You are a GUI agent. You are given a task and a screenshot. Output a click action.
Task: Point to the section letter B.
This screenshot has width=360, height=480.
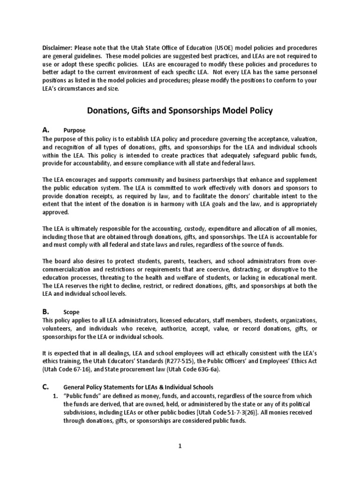(x=45, y=311)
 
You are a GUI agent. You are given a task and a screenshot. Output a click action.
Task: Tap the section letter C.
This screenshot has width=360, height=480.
(x=45, y=387)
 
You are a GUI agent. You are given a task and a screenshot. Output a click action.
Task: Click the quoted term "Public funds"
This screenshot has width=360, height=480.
(x=82, y=396)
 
